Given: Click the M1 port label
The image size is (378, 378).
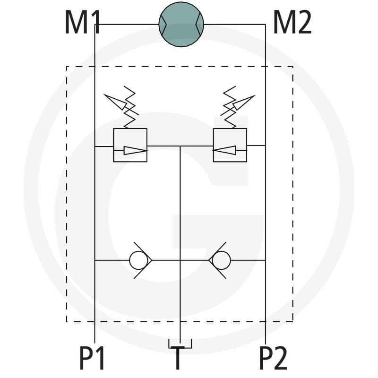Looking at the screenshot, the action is click(x=82, y=22).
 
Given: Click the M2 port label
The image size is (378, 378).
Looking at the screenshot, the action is click(x=292, y=22).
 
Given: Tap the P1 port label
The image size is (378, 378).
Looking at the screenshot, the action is click(x=92, y=358).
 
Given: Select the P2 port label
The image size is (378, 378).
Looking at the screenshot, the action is click(x=273, y=358).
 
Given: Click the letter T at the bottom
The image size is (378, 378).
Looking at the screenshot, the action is click(x=178, y=358).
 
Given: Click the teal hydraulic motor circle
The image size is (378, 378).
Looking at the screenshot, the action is click(x=181, y=25).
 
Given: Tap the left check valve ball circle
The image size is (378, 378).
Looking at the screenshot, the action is click(x=138, y=260).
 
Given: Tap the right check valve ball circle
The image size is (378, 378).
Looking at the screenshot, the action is click(x=221, y=260).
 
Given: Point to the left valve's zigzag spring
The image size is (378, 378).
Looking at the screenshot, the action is click(x=129, y=107).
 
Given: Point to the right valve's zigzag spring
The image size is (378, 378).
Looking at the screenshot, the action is click(x=230, y=107).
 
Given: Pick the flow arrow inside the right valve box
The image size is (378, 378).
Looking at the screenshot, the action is click(x=224, y=150).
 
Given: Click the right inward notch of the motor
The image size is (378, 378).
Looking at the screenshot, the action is click(x=198, y=25).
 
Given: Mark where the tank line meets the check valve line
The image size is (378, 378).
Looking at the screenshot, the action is click(x=180, y=260).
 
